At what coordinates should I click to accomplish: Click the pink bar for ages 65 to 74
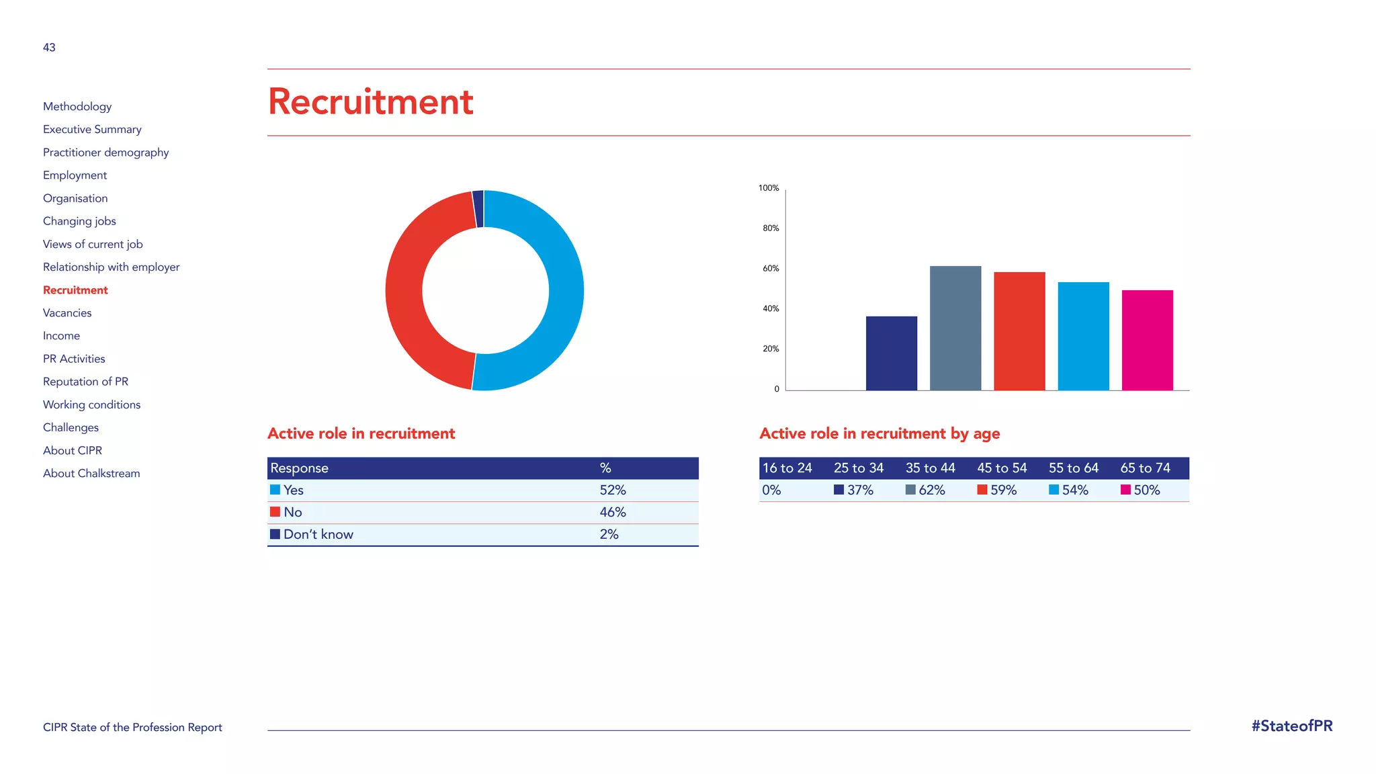click(1147, 340)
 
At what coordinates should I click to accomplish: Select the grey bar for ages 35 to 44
click(955, 328)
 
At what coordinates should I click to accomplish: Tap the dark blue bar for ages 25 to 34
click(891, 353)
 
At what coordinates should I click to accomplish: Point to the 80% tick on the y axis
click(771, 228)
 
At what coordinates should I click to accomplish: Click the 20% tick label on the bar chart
click(771, 349)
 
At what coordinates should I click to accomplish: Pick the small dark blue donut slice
click(478, 208)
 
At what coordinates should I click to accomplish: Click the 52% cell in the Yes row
click(612, 490)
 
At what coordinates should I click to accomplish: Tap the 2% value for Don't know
click(609, 534)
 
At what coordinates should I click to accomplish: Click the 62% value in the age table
click(931, 490)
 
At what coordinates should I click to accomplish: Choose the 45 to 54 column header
click(1002, 468)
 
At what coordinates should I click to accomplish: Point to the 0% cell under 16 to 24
click(771, 490)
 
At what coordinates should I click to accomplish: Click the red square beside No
click(275, 512)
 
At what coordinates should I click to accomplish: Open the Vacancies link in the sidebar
click(67, 313)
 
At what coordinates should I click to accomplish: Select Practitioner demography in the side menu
click(105, 153)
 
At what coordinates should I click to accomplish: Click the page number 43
click(49, 48)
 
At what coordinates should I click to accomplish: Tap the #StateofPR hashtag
click(1291, 726)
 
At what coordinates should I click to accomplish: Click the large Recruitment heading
click(370, 102)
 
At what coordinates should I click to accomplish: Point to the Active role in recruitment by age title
click(879, 433)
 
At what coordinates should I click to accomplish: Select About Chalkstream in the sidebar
click(91, 474)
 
